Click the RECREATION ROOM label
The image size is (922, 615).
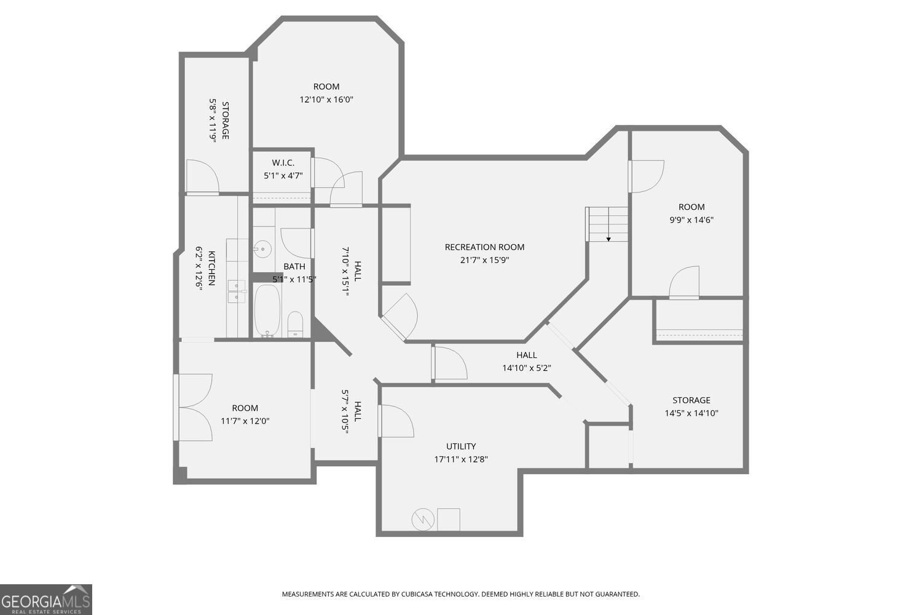pyautogui.click(x=484, y=247)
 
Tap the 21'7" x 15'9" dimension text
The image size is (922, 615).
pyautogui.click(x=484, y=260)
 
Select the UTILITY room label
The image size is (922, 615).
pyautogui.click(x=461, y=446)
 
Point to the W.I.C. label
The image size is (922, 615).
pyautogui.click(x=283, y=163)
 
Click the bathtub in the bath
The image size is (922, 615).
pyautogui.click(x=267, y=311)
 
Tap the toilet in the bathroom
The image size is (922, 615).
pyautogui.click(x=296, y=324)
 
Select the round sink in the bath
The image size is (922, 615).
pyautogui.click(x=262, y=249)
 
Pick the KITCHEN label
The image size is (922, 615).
pyautogui.click(x=211, y=268)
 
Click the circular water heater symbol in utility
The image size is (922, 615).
pyautogui.click(x=423, y=520)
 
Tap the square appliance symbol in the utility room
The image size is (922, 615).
pyautogui.click(x=448, y=520)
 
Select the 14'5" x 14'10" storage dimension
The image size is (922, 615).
pyautogui.click(x=691, y=413)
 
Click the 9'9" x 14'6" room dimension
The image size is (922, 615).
pyautogui.click(x=691, y=220)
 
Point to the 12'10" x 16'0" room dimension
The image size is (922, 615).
pyautogui.click(x=326, y=100)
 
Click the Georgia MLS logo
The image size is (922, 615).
pyautogui.click(x=46, y=600)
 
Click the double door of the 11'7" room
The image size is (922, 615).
pyautogui.click(x=194, y=407)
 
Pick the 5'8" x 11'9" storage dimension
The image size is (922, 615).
pyautogui.click(x=213, y=121)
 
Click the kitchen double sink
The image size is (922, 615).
pyautogui.click(x=237, y=292)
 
